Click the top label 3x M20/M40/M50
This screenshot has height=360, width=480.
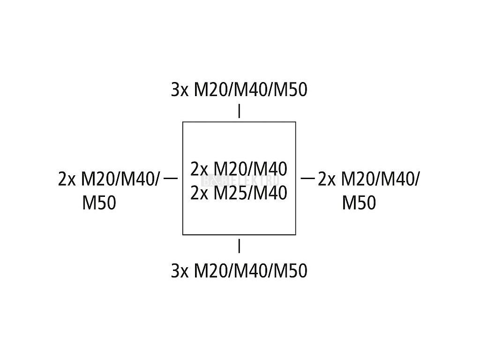coord(239,90)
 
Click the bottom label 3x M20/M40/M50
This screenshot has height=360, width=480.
coord(239,270)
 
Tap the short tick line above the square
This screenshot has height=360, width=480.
coord(240,111)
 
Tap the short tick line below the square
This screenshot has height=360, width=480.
coord(240,246)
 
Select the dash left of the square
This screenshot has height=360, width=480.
coord(172,178)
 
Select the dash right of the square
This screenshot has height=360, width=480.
coord(307,178)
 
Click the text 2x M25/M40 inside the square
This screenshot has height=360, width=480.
coord(239,193)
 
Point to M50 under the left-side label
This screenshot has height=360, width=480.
coord(99,203)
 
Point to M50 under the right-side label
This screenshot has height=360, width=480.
coord(359,203)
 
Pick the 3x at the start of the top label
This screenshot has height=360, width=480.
coord(179,90)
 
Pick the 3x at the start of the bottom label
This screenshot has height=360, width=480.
coord(179,270)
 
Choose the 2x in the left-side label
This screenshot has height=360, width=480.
coord(67,180)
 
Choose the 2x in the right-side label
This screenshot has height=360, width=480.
coord(326,180)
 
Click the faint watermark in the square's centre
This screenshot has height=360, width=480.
coord(240,180)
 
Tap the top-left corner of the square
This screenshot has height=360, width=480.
coord(183,122)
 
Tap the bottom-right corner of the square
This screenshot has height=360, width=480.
coord(295,234)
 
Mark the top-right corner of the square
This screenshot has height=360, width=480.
coord(295,122)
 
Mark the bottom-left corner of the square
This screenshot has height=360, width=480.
coord(183,234)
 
